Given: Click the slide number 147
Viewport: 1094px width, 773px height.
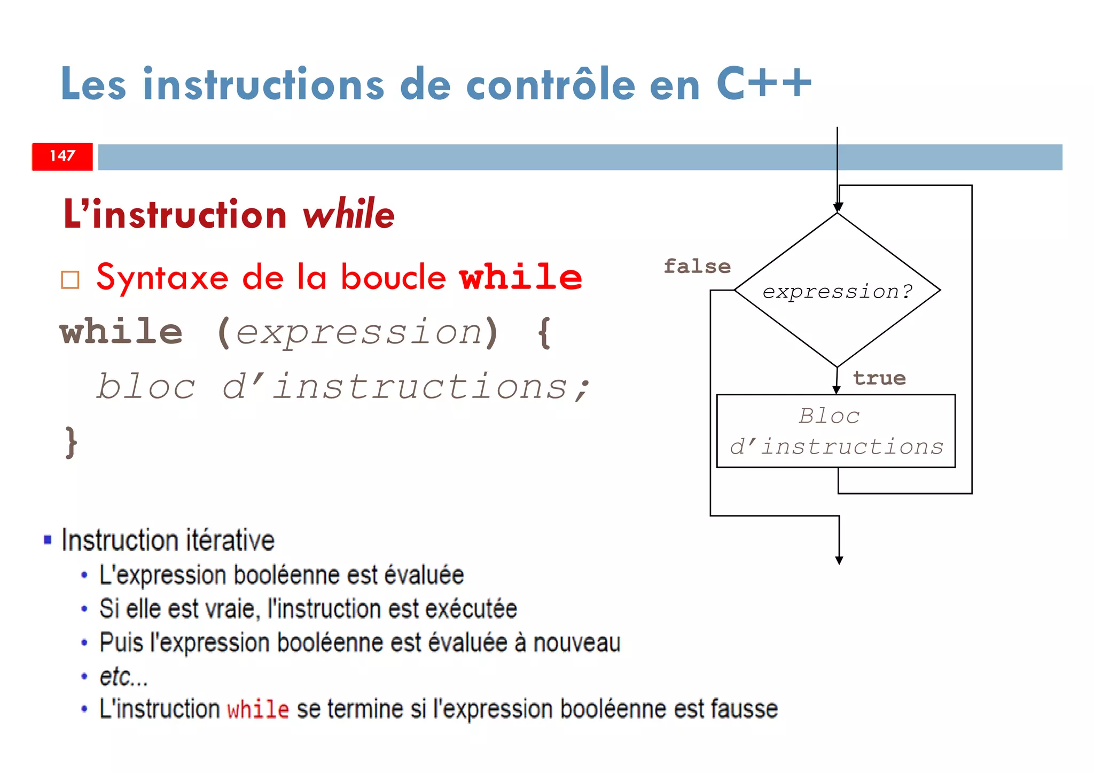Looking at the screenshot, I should click(62, 156).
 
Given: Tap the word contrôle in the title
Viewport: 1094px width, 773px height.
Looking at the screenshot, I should click(550, 84).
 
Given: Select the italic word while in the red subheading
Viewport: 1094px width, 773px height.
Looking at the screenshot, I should click(348, 214).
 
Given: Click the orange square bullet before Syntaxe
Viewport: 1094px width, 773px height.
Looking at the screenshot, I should click(70, 279).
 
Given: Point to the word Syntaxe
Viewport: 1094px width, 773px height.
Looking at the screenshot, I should click(162, 278).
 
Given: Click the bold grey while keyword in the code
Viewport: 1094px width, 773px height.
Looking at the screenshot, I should click(121, 332).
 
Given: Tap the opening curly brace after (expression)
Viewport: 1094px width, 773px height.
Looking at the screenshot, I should click(544, 333).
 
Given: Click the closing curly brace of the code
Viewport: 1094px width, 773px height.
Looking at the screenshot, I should click(71, 442).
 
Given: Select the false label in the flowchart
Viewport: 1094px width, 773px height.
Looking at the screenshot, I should click(697, 266).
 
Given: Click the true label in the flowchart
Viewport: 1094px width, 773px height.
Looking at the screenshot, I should click(879, 378).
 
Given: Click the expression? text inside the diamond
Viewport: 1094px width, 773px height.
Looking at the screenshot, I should click(837, 292).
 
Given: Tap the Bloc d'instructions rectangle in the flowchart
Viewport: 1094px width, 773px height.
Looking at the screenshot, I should click(835, 431).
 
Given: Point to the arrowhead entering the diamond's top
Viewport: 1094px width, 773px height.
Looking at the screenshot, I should click(838, 207).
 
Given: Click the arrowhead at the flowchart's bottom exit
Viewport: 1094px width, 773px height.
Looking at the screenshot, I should click(839, 560).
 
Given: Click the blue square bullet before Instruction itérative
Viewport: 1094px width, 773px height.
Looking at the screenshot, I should click(48, 540).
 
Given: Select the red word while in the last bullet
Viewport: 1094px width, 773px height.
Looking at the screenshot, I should click(258, 709).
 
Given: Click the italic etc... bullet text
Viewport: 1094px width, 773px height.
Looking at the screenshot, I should click(123, 676).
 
